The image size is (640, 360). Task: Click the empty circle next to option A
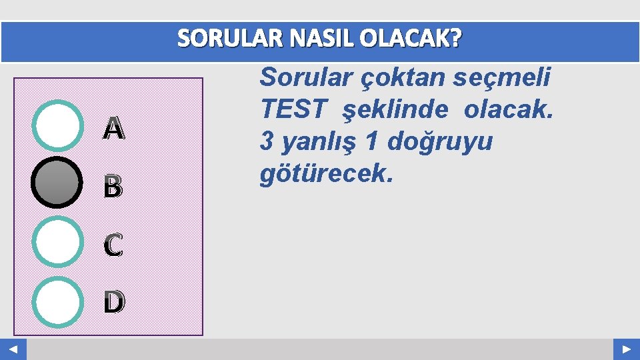click(57, 125)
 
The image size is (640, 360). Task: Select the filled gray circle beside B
click(57, 182)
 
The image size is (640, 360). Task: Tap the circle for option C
click(57, 242)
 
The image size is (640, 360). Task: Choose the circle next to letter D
click(57, 301)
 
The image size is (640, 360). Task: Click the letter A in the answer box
click(113, 129)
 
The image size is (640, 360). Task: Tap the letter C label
click(113, 246)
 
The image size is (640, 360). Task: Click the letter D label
click(113, 303)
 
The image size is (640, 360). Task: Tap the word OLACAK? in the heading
click(410, 41)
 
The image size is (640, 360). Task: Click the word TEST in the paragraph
click(294, 109)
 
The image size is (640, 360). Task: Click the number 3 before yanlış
click(267, 142)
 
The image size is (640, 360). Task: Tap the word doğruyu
click(440, 142)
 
